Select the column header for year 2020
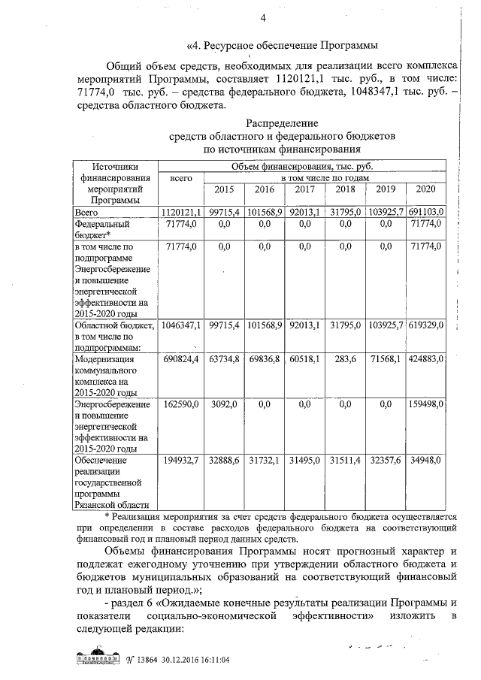coord(426,191)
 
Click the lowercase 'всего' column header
coord(183,178)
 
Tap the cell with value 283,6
coord(347,360)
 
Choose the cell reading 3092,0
coord(224,405)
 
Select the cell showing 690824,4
coord(181,360)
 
